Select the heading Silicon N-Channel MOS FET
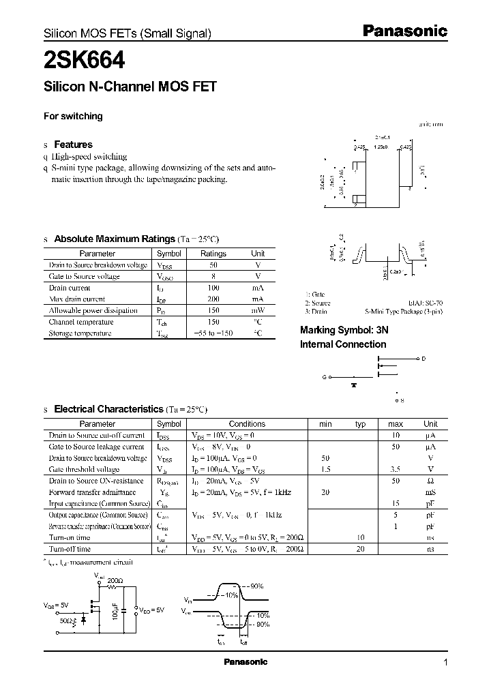click(x=130, y=87)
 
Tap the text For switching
click(x=73, y=116)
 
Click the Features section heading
click(x=73, y=145)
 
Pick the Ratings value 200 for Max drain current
click(x=213, y=299)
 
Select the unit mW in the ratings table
click(x=258, y=310)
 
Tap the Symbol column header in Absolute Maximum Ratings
click(x=169, y=254)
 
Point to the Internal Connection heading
click(x=343, y=344)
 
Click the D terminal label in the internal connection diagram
click(x=423, y=359)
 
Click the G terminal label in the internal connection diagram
click(x=324, y=376)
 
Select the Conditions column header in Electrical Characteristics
click(x=247, y=423)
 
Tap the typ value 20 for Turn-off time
click(x=361, y=549)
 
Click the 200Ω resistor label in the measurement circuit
click(x=115, y=580)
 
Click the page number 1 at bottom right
click(x=445, y=662)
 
